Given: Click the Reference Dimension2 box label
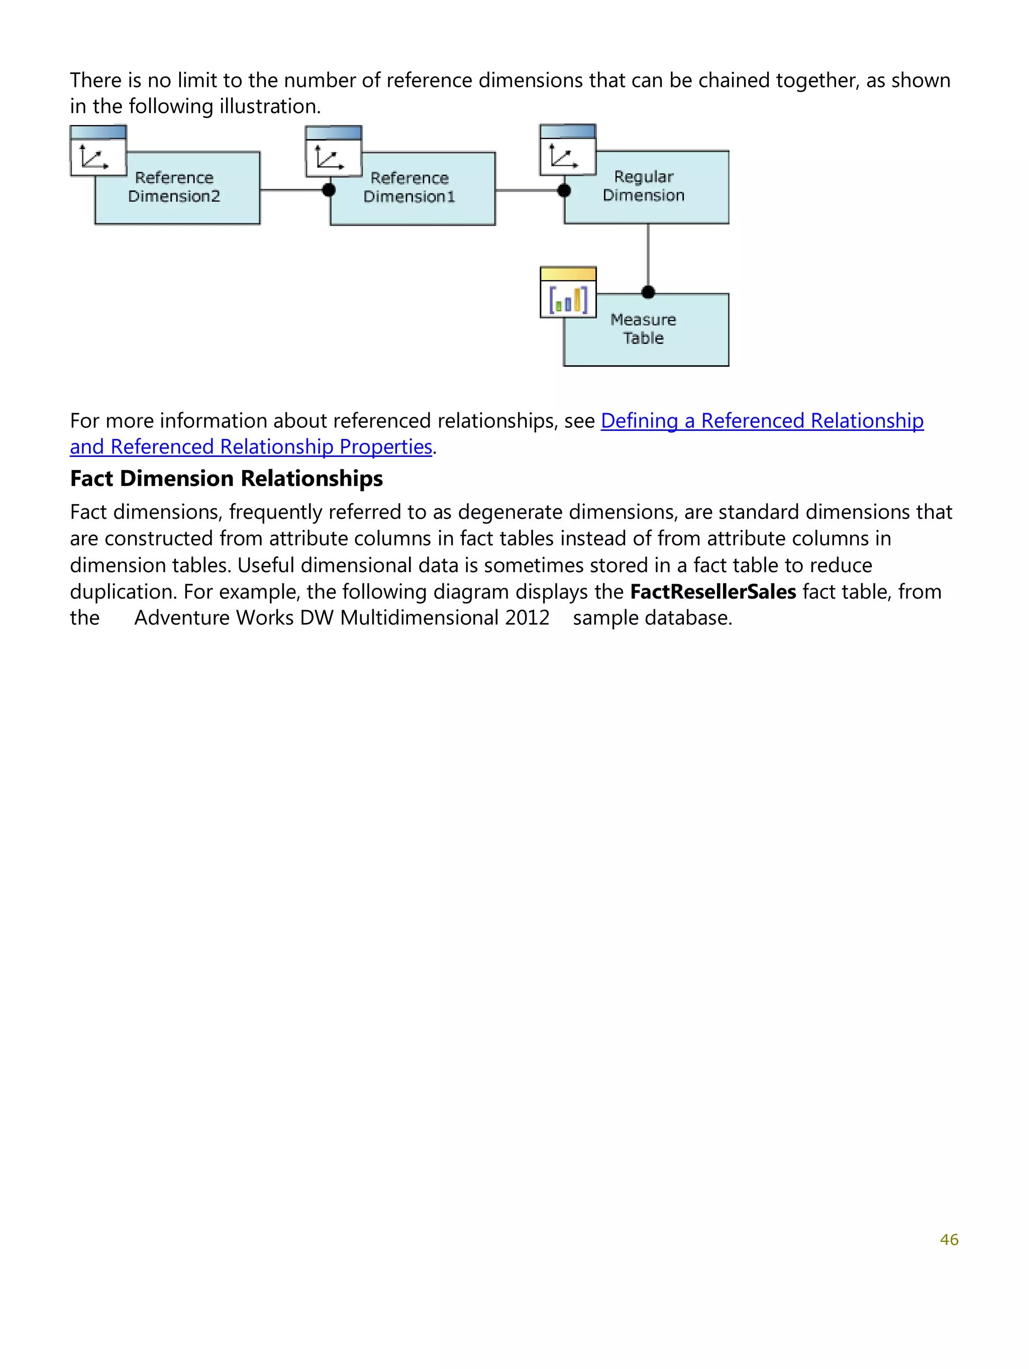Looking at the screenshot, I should point(174,187).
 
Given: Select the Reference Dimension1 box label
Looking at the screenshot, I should point(409,187).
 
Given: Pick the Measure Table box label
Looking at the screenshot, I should point(643,328).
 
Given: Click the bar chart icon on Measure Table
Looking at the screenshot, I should point(568,299).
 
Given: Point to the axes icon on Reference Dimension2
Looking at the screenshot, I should point(94,157).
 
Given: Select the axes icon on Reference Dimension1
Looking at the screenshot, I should point(330,158).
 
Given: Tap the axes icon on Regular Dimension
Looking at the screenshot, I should point(564,156).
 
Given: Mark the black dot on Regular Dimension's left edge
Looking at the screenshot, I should point(564,190).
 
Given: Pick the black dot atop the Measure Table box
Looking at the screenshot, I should point(648,292).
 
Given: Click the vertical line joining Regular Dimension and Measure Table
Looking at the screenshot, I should point(648,257).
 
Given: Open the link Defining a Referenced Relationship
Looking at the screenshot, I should point(762,421).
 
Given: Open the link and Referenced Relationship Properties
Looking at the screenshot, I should point(251,447).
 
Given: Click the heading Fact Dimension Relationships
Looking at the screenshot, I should point(226,479).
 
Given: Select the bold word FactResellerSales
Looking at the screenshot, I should point(712,592).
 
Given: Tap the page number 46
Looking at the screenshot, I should point(949,1239).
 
